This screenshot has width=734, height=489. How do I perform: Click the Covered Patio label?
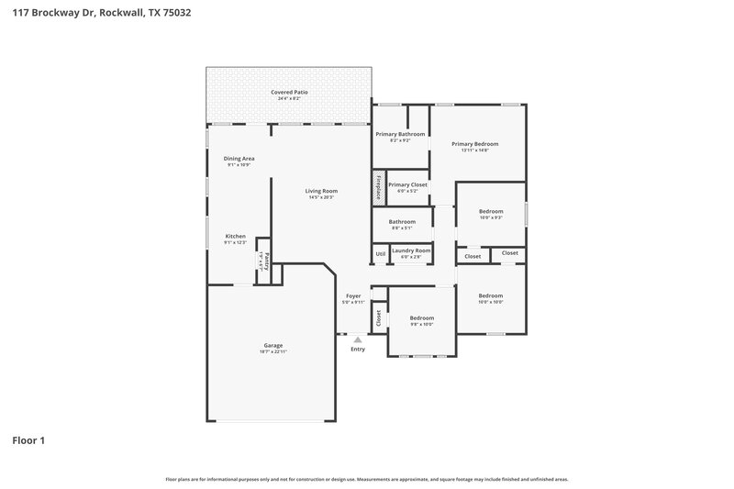click(x=288, y=93)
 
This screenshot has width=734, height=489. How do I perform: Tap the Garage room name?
click(x=272, y=345)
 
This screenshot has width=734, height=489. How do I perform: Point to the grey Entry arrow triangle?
click(x=358, y=339)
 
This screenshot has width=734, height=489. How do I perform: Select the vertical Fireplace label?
click(x=377, y=185)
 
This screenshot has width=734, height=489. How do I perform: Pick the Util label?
click(x=380, y=253)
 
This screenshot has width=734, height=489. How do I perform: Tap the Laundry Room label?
click(x=411, y=250)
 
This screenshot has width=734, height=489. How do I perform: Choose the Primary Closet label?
click(x=407, y=184)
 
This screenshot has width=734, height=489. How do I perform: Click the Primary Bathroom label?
click(x=400, y=134)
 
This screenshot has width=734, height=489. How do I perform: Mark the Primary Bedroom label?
click(x=474, y=144)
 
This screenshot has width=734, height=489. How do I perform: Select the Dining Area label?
click(x=239, y=159)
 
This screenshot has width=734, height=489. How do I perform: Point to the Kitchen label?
click(x=236, y=236)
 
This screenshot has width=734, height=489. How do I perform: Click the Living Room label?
click(x=321, y=191)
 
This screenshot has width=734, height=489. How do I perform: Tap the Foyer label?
click(x=353, y=296)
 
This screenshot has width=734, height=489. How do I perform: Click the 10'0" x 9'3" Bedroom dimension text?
click(x=491, y=217)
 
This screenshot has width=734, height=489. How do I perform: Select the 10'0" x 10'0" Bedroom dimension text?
click(x=491, y=302)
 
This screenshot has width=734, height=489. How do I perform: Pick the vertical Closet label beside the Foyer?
click(x=378, y=317)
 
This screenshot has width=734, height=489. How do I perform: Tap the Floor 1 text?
click(x=28, y=440)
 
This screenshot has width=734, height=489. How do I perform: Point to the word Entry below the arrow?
click(x=358, y=349)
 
